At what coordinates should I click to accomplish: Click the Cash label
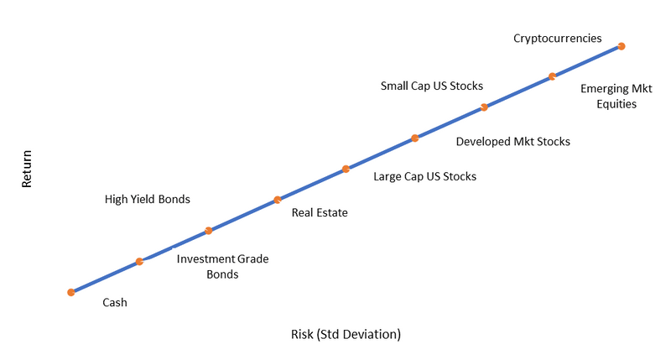point(115,302)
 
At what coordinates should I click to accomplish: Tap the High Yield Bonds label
point(148,199)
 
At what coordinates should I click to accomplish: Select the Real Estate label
point(320,212)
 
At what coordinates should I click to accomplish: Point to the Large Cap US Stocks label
point(425,176)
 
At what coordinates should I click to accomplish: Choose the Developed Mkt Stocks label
point(513,142)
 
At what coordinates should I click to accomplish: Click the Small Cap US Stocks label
point(432,86)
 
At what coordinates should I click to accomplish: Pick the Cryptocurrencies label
point(558,38)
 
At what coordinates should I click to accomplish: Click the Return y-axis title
point(27,169)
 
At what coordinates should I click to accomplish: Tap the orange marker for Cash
point(71,292)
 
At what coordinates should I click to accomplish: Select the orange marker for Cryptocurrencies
point(622,46)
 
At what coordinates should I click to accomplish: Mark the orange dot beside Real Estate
point(278,200)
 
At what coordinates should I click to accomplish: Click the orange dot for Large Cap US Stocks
point(346,169)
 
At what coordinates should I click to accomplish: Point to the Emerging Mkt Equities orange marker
point(553,76)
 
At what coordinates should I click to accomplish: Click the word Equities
point(616,104)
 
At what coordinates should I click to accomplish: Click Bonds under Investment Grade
point(222,274)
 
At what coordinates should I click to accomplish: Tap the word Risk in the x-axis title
point(302,334)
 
